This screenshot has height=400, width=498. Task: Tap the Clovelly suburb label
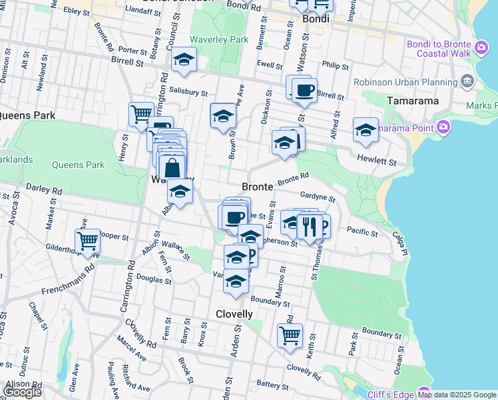pyautogui.click(x=234, y=314)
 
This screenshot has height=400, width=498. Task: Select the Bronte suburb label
pyautogui.click(x=258, y=187)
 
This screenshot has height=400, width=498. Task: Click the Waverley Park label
pyautogui.click(x=219, y=40)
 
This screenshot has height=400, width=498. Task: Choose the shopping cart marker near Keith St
pyautogui.click(x=290, y=336)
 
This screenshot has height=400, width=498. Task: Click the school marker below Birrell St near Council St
pyautogui.click(x=184, y=60)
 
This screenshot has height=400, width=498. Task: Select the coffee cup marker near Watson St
pyautogui.click(x=304, y=91)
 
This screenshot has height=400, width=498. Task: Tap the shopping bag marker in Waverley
pyautogui.click(x=172, y=167)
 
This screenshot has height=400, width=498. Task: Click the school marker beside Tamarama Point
pyautogui.click(x=366, y=130)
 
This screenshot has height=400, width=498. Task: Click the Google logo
pyautogui.click(x=22, y=392)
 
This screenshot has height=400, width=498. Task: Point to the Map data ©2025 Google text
pyautogui.click(x=457, y=395)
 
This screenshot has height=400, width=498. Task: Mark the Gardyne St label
pyautogui.click(x=318, y=197)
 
